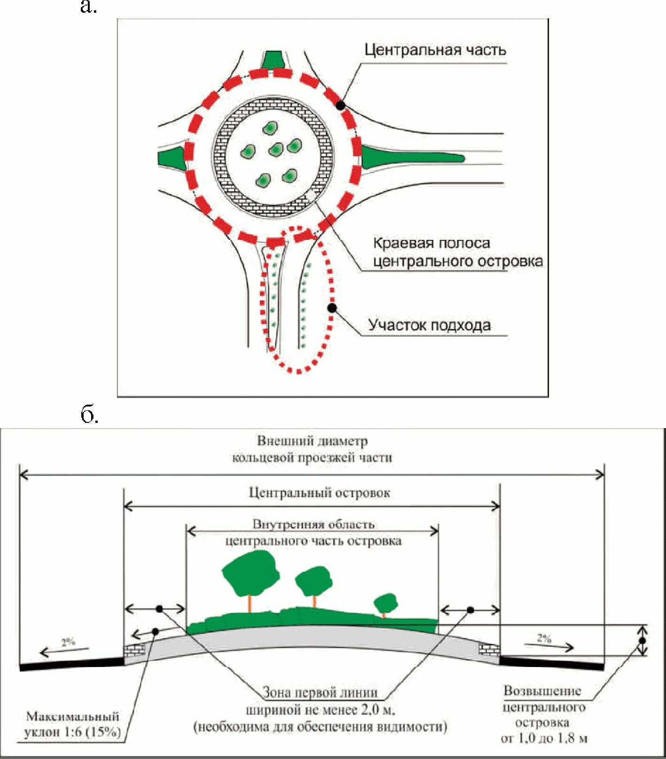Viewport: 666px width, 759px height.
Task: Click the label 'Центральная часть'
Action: (x=435, y=50)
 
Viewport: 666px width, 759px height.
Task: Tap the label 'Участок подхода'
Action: (x=429, y=325)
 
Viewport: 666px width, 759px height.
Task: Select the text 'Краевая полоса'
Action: (x=431, y=243)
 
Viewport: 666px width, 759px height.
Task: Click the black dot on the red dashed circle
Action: (x=341, y=106)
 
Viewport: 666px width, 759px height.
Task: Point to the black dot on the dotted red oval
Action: (x=332, y=308)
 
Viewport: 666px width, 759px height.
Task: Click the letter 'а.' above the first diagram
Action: (x=88, y=7)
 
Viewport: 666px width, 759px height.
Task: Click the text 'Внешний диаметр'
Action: (x=312, y=441)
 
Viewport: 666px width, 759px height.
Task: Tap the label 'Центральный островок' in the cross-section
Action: (x=319, y=493)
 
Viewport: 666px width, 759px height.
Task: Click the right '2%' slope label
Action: (x=544, y=638)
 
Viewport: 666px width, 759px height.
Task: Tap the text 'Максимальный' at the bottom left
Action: (x=72, y=717)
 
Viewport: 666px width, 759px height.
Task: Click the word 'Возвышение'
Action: (x=542, y=691)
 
